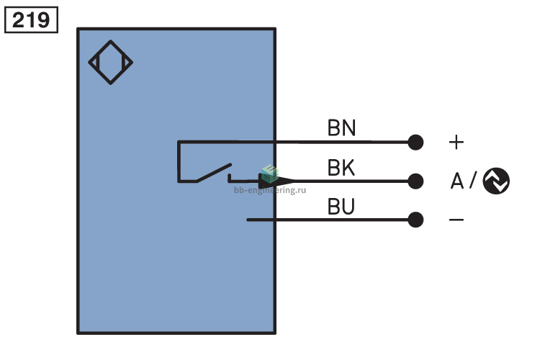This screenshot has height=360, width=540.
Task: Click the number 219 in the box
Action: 31,20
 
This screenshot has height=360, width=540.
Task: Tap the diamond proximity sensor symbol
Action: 111,41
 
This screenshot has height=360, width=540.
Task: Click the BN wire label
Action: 341,128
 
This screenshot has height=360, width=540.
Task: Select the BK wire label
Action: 341,168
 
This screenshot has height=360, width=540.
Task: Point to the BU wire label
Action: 341,207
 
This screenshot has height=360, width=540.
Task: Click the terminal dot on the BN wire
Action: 415,142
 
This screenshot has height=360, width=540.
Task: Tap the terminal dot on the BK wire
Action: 415,181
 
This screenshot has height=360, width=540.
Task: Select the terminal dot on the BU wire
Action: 415,220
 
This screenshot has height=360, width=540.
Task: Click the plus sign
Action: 456,142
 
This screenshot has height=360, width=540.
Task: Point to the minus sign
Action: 456,220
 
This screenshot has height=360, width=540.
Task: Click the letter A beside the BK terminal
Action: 457,181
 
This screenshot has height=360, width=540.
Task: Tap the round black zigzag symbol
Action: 496,181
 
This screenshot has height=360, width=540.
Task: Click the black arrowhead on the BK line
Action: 276,181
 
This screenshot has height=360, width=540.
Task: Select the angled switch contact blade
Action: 214,173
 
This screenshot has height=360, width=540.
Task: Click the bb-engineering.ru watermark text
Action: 270,190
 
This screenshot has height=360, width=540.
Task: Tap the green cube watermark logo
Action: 270,174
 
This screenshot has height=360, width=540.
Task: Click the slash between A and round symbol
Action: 473,180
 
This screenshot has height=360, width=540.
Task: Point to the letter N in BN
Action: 349,128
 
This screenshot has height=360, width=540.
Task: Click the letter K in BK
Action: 348,168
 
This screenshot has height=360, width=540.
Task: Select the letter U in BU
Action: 348,207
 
